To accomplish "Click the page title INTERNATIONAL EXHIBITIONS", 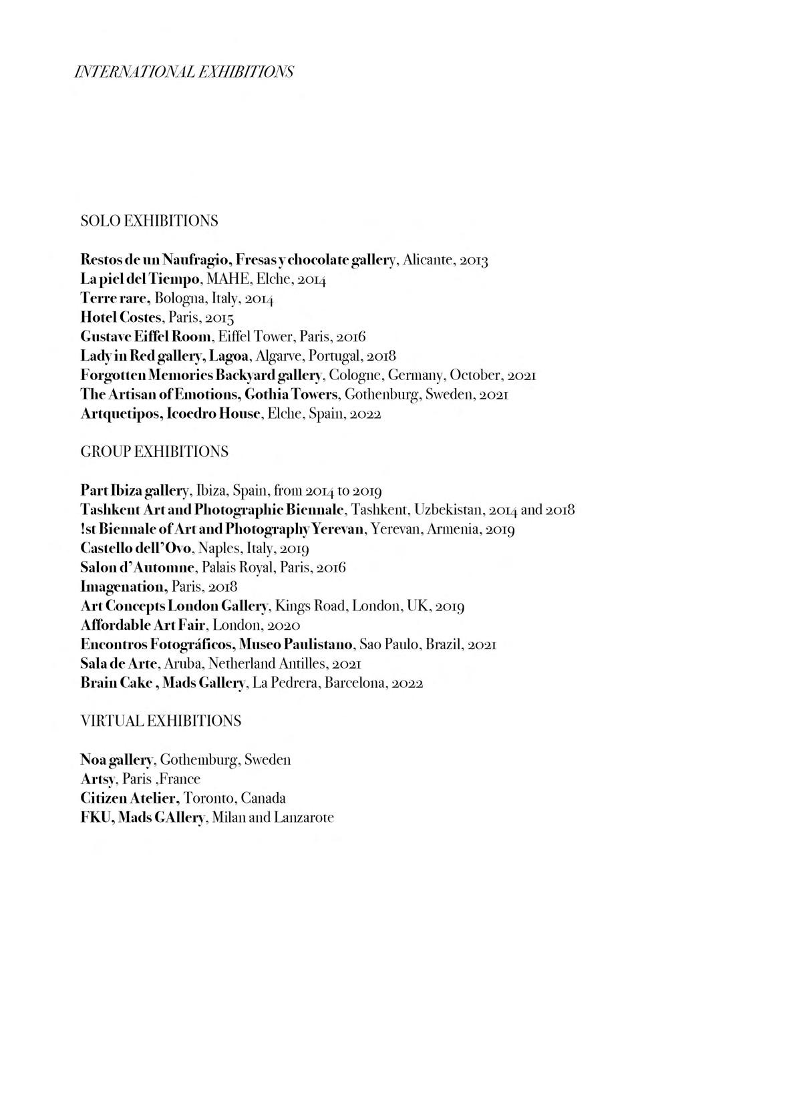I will [184, 71].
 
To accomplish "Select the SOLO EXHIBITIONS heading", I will [149, 221].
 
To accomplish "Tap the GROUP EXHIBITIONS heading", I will [154, 452].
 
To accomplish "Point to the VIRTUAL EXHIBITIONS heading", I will [160, 721].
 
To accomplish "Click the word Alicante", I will [428, 260].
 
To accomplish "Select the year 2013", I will [474, 260].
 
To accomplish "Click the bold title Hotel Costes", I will [121, 317].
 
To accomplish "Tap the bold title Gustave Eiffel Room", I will [146, 337].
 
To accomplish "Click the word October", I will [475, 375].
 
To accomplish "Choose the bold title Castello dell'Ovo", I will [136, 549].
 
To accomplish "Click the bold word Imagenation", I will [123, 587].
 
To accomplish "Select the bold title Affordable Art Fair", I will [142, 626].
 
